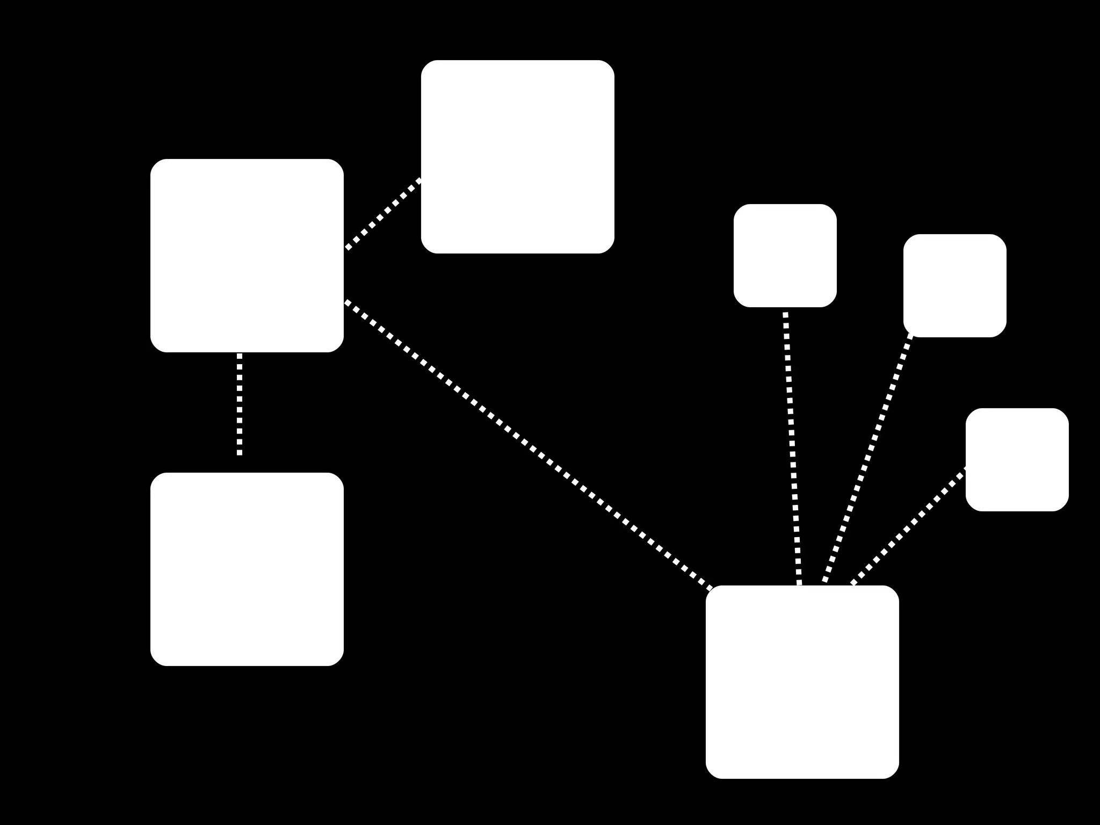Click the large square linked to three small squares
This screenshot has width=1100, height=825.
click(x=802, y=682)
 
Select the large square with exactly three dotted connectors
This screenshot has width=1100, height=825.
click(x=247, y=256)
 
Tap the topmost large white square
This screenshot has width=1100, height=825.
click(x=517, y=156)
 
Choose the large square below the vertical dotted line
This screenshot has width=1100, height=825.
click(x=247, y=569)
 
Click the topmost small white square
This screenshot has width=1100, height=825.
click(x=785, y=256)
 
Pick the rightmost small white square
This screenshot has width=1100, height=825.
click(x=1017, y=459)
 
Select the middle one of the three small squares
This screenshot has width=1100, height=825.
click(x=954, y=285)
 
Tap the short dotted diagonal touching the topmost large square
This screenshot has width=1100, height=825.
click(x=383, y=214)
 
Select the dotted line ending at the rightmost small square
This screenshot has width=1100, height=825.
click(x=909, y=526)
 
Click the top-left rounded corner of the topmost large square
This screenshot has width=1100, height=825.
click(x=426, y=65)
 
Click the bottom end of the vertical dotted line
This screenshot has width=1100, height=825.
click(x=240, y=454)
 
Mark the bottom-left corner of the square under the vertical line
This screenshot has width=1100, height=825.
click(x=155, y=661)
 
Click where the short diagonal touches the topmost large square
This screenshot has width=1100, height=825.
click(x=421, y=179)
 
